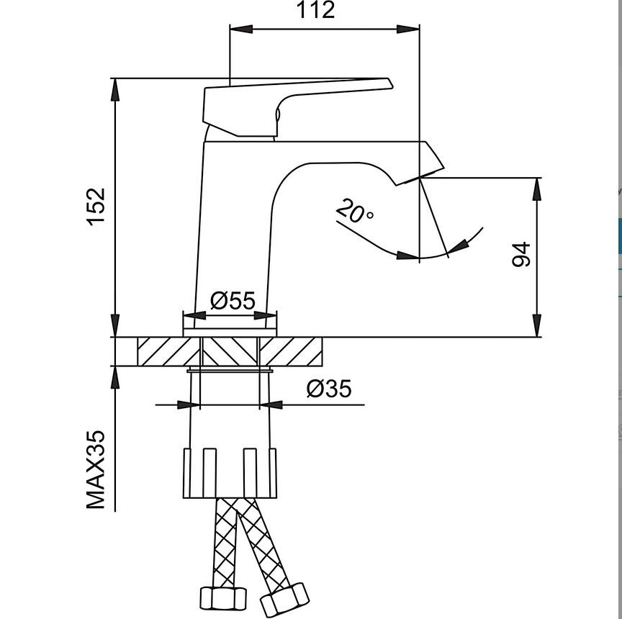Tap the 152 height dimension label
(96, 207)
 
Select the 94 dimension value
(521, 256)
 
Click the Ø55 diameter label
(233, 301)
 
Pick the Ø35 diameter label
(329, 389)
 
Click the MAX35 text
(96, 470)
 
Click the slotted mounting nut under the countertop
(230, 473)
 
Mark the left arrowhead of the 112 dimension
(240, 29)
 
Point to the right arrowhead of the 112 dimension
(410, 29)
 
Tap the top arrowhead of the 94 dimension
(536, 188)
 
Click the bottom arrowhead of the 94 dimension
(536, 326)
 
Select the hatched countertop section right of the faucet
(291, 352)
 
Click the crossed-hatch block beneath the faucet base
(230, 352)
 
